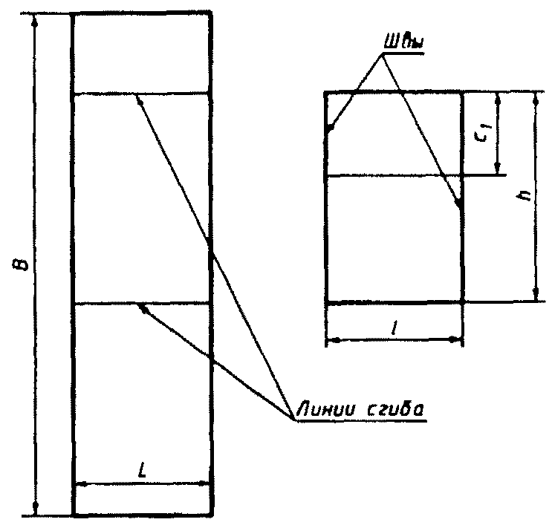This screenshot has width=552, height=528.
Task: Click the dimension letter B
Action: pos(25,263)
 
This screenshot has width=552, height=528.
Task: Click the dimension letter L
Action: pos(142,471)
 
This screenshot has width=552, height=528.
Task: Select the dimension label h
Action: pos(525,195)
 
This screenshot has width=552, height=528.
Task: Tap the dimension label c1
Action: pos(484,134)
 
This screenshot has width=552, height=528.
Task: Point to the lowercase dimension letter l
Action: pos(394,326)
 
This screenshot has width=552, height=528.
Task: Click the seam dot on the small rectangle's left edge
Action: pos(329,128)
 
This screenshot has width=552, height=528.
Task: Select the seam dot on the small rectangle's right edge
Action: pos(459,202)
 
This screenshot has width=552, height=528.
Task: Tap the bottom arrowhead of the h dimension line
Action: pos(535,296)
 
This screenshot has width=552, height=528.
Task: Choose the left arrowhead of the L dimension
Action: pos(79,485)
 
